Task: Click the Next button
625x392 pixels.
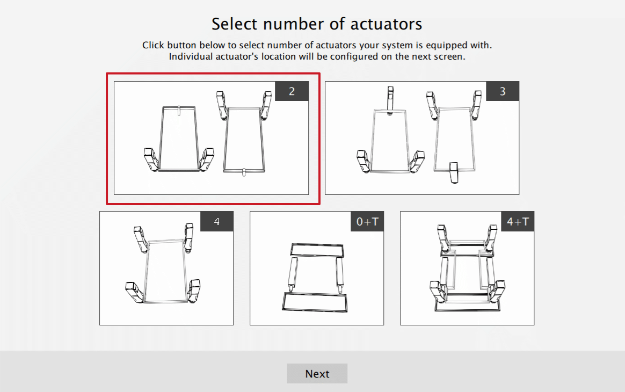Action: click(317, 374)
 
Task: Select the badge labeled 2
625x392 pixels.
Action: click(292, 91)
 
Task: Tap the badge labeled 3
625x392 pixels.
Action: click(503, 91)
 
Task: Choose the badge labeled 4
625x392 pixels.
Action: click(217, 221)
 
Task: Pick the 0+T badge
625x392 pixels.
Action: click(367, 221)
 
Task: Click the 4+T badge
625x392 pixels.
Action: click(518, 221)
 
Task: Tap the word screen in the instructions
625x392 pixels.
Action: click(449, 56)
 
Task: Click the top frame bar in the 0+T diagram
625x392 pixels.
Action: click(317, 250)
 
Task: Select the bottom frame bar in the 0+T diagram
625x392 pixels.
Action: click(316, 301)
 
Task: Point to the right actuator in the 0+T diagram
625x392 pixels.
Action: click(339, 274)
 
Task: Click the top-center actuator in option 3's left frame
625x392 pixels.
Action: click(390, 99)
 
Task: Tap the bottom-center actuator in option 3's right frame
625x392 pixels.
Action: click(454, 173)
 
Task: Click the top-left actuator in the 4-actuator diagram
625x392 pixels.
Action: click(140, 238)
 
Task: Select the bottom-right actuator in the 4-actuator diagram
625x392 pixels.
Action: click(194, 291)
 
